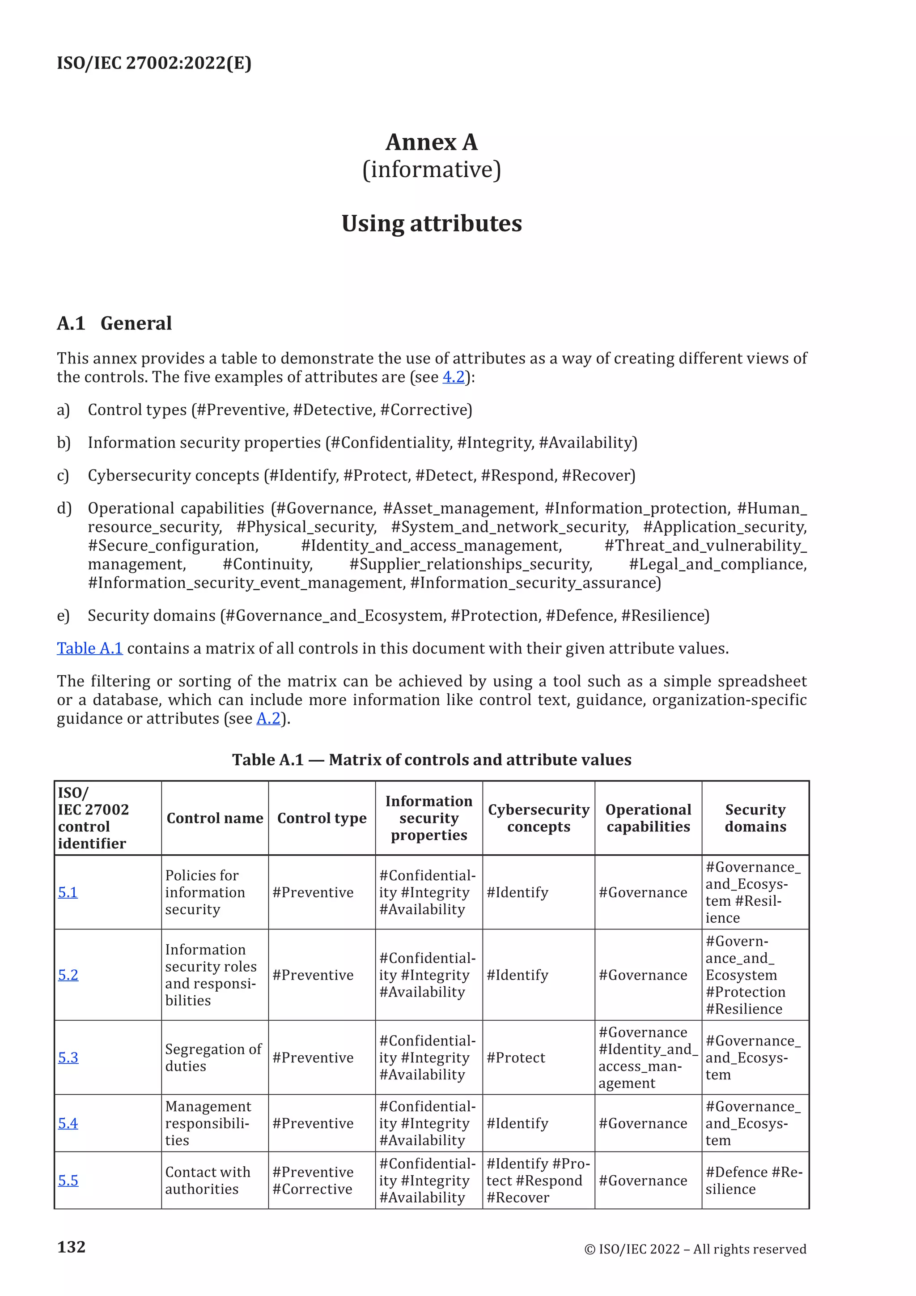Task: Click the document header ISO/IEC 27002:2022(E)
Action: click(154, 63)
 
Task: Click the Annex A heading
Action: click(432, 142)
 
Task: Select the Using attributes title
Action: click(432, 223)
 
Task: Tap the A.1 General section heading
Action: click(114, 324)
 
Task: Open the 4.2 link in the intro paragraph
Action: click(454, 377)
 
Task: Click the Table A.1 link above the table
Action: click(90, 648)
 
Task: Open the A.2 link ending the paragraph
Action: click(268, 719)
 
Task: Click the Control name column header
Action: click(215, 818)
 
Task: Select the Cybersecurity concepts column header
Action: click(538, 818)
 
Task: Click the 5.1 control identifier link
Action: click(68, 892)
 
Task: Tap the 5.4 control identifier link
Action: click(68, 1123)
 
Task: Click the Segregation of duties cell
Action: click(213, 1058)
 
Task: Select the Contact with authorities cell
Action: click(208, 1181)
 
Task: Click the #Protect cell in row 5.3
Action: click(516, 1058)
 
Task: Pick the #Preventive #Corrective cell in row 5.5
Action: click(313, 1181)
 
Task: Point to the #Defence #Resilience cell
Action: click(753, 1181)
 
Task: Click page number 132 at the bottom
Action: click(72, 1247)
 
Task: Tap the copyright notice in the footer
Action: click(695, 1249)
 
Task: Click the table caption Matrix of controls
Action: click(432, 760)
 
